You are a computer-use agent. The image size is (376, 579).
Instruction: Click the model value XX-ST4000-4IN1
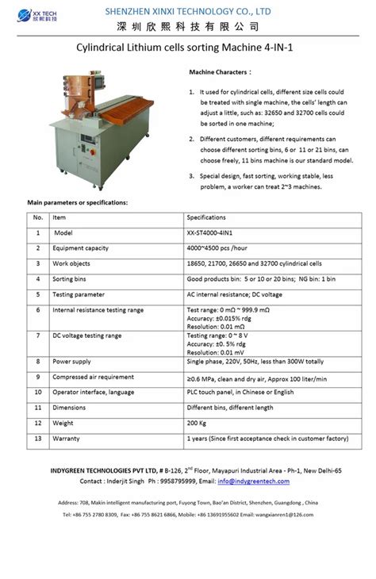[x=210, y=233]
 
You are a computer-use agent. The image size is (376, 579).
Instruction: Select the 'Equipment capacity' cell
[x=80, y=248]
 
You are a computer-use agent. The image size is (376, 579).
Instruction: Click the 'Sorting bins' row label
[x=69, y=279]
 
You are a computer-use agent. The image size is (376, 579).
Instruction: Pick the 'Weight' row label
[x=64, y=423]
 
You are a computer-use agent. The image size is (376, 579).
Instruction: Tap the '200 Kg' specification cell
[x=198, y=423]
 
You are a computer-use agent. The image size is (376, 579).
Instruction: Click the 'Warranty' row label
[x=66, y=438]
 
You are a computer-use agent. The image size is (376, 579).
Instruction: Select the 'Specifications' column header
[x=206, y=217]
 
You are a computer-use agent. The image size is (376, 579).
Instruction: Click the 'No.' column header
[x=37, y=217]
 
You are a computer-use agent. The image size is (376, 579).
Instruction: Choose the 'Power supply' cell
[x=71, y=362]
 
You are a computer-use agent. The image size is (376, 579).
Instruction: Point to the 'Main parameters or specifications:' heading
[x=77, y=203]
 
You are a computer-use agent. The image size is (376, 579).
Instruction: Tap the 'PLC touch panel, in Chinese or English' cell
[x=240, y=393]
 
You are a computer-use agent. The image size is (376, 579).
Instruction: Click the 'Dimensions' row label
[x=69, y=408]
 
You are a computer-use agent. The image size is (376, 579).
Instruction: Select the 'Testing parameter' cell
[x=78, y=294]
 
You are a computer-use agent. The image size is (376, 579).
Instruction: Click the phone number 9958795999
[x=177, y=481]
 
